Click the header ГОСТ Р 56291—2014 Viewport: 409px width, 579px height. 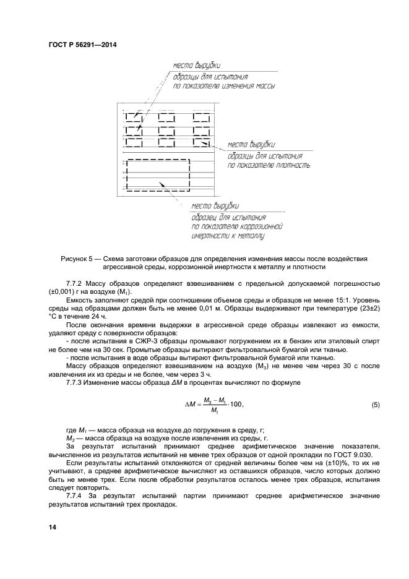pos(82,45)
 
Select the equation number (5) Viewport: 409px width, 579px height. pos(375,405)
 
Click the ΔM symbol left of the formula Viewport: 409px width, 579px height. pos(191,405)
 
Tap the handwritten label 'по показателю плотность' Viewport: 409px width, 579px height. pos(269,166)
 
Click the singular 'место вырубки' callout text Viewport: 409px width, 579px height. pos(215,205)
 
